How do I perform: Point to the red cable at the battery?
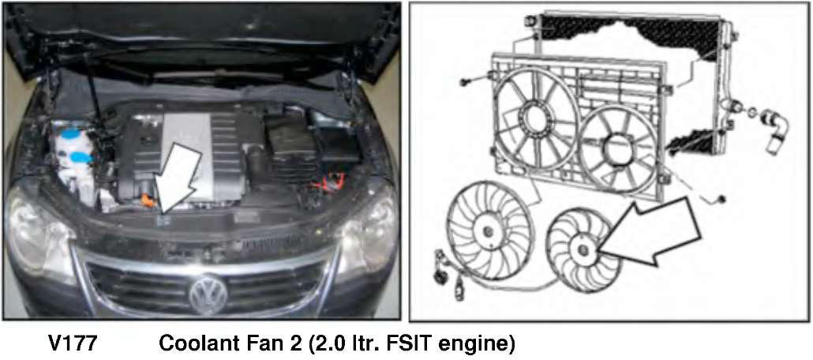(333, 182)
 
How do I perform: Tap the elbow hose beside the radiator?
(775, 129)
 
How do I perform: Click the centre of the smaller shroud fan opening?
(618, 148)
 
